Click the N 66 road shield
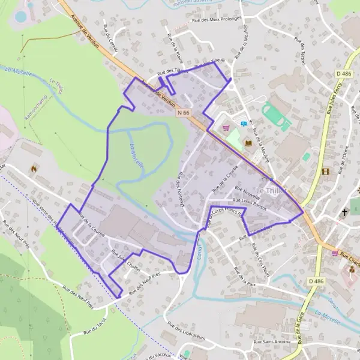click(x=184, y=113)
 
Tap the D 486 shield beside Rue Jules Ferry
click(x=344, y=74)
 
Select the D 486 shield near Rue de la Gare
click(x=316, y=281)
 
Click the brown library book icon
click(x=248, y=143)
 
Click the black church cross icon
click(x=345, y=212)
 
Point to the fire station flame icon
click(x=34, y=169)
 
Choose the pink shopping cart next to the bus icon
click(x=226, y=127)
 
